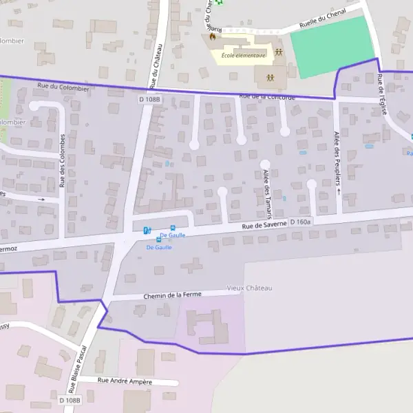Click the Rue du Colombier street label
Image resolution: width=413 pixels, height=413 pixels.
(63, 87)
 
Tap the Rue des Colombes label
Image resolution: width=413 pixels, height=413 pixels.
(62, 160)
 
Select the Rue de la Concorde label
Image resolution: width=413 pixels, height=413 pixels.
(267, 97)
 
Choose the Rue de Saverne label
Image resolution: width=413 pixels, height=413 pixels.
(263, 225)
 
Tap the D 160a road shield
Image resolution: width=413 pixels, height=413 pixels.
(301, 222)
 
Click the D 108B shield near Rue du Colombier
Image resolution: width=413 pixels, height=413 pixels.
(148, 99)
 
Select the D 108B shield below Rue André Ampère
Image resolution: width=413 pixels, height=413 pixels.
(70, 400)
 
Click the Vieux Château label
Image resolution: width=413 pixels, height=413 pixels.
(249, 288)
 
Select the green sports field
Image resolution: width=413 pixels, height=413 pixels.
(332, 46)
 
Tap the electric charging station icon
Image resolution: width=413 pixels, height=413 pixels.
(147, 231)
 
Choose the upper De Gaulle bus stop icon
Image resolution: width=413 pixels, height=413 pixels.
(172, 228)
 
